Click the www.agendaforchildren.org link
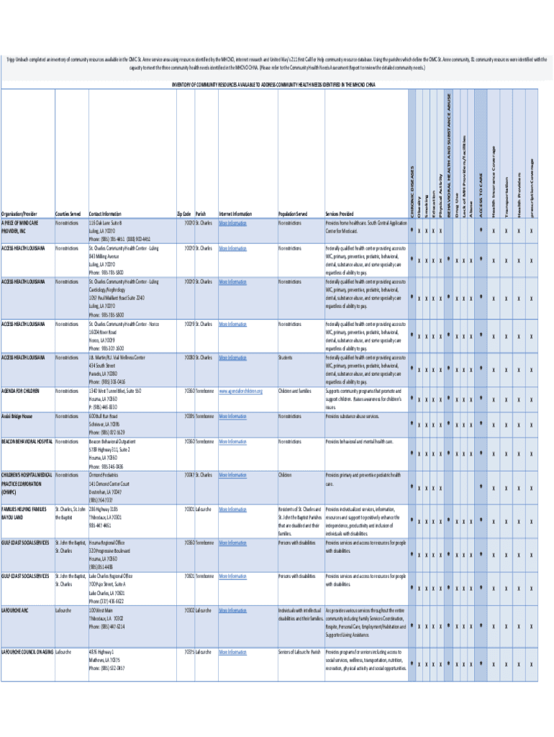click(240, 391)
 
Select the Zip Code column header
click(183, 214)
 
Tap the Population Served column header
click(293, 214)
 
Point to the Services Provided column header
click(340, 214)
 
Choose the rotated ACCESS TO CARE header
click(480, 191)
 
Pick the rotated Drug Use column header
click(457, 201)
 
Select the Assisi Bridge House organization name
click(17, 416)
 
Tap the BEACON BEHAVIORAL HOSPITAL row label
click(27, 441)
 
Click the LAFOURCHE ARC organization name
click(14, 610)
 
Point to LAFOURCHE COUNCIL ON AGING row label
click(27, 652)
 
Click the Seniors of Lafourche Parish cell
click(299, 652)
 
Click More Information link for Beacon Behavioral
click(232, 441)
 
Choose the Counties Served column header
click(68, 214)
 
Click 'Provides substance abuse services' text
click(352, 416)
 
